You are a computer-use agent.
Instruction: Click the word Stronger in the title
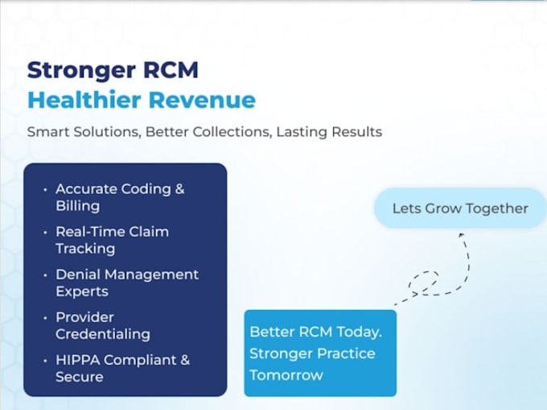(x=81, y=71)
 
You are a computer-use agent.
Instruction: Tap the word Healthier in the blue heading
(x=84, y=100)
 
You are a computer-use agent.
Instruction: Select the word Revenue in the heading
(x=202, y=100)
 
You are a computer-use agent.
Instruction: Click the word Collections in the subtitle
(x=232, y=132)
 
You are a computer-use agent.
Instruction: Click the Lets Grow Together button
(x=460, y=209)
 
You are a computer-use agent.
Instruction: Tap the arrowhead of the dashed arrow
(x=461, y=235)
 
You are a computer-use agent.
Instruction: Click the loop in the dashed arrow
(x=423, y=281)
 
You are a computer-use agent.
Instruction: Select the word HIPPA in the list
(x=78, y=360)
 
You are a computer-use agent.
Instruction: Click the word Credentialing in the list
(x=103, y=334)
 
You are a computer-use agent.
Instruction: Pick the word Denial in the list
(x=78, y=275)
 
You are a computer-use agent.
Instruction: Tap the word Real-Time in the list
(x=90, y=231)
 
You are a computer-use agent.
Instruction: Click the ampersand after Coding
(x=179, y=189)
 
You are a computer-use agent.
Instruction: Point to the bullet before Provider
(x=45, y=318)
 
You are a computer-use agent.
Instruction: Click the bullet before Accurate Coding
(x=45, y=190)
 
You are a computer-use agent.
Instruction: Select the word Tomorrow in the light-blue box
(x=286, y=375)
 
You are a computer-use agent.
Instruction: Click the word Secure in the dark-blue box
(x=80, y=377)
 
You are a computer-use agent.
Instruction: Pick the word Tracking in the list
(x=85, y=249)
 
